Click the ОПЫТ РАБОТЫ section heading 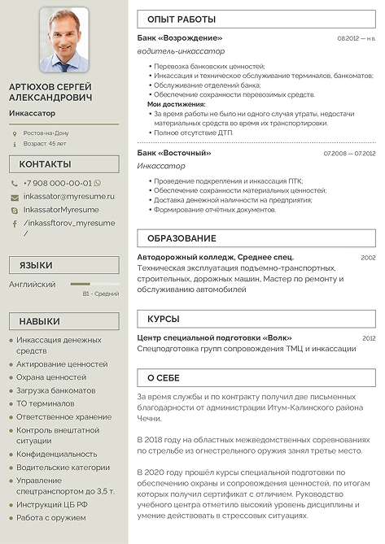[182, 19]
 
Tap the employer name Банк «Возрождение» [180, 38]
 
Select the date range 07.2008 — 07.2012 [349, 153]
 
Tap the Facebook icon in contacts [15, 224]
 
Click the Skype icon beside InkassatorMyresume [15, 210]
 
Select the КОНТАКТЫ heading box [63, 164]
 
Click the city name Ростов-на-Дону [46, 133]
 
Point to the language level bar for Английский [94, 285]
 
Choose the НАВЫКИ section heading [63, 321]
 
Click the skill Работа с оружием [50, 517]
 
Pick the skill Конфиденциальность [56, 454]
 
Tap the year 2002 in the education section [368, 257]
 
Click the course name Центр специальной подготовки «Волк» [214, 337]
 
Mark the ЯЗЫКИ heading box [63, 265]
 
